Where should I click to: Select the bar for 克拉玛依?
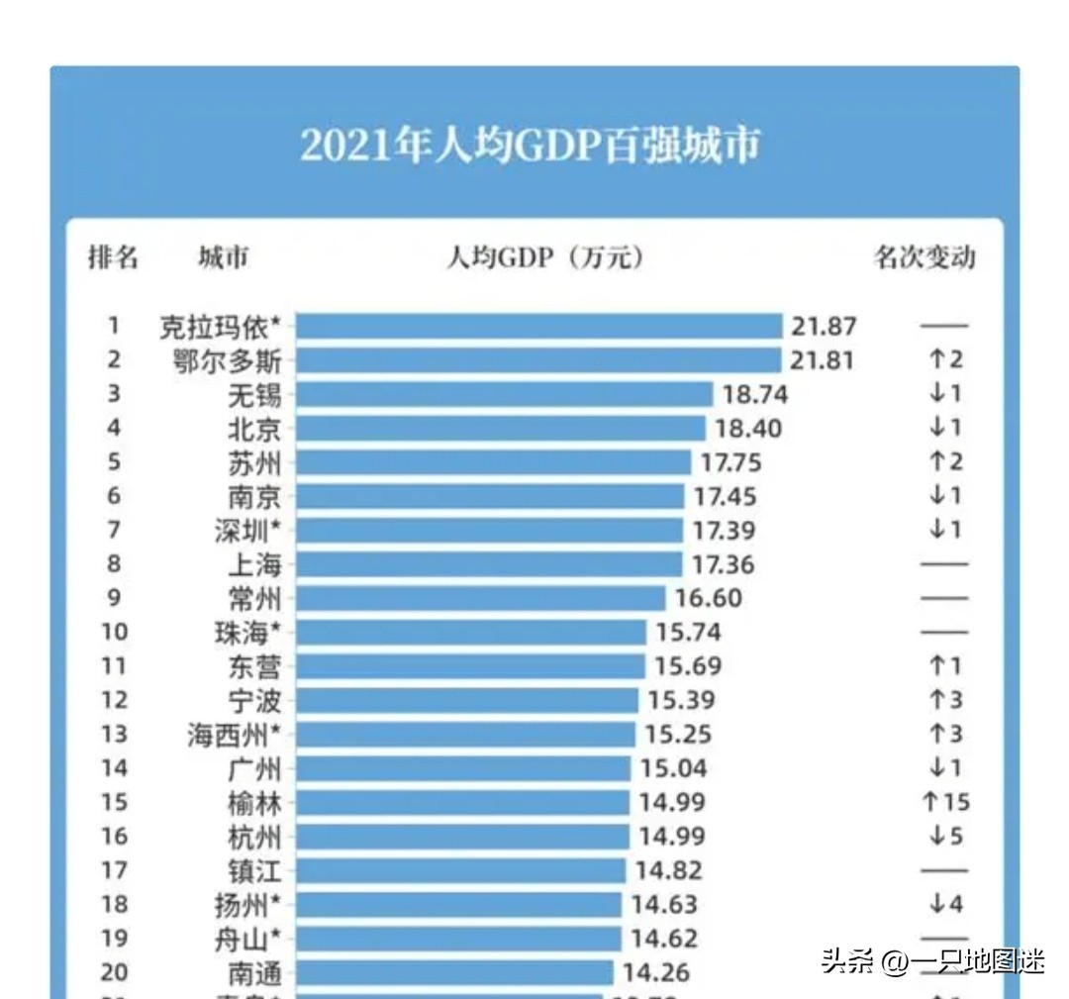538,326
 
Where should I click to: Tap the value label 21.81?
822,359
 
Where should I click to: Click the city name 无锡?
254,394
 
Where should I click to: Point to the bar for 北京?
500,428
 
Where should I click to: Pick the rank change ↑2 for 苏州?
945,461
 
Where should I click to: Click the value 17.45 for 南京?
724,496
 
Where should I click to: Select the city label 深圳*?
248,530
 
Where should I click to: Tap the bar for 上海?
489,564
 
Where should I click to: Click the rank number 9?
114,598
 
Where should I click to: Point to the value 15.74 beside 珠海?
687,632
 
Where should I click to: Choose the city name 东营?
254,666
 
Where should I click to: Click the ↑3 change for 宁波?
945,700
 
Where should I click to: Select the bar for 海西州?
465,734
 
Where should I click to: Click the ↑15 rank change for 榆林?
945,802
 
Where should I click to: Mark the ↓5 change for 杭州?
945,836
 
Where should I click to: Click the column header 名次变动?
924,258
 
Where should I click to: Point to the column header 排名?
114,258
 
